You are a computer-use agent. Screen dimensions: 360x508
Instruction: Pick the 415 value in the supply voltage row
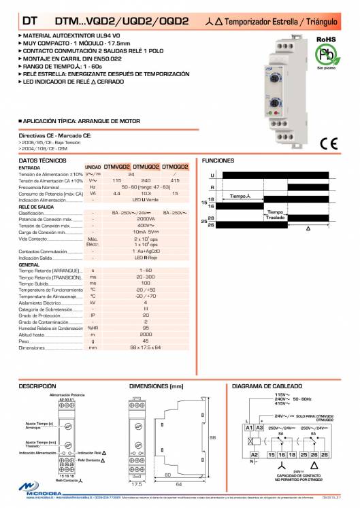176,180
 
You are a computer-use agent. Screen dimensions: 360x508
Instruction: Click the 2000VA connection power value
146,220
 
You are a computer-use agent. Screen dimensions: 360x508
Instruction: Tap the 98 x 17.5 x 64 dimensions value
146,347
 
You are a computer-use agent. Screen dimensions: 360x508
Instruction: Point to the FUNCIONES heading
218,160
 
